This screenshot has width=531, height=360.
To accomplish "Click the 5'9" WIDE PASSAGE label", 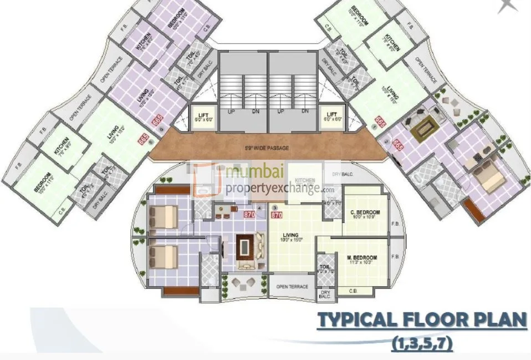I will [267, 148].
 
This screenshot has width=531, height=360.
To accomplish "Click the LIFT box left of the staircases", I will [203, 117].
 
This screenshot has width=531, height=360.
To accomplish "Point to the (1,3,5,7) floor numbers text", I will [422, 344].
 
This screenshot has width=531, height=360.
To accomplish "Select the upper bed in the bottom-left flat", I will [164, 216].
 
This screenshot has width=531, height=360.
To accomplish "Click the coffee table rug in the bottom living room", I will [244, 247].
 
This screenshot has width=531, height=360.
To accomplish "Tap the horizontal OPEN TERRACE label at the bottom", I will [292, 286].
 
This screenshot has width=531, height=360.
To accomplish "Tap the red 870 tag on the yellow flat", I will [277, 215].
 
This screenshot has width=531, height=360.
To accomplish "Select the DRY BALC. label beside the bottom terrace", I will [325, 295].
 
